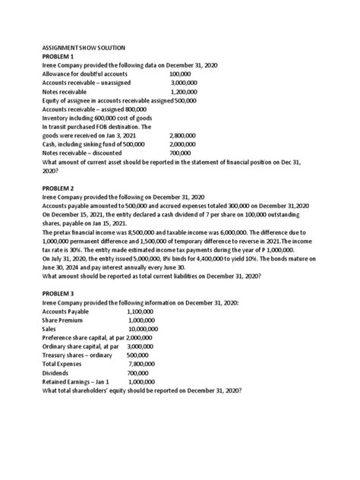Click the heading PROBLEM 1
[59, 57]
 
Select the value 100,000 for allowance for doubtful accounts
[181, 74]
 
